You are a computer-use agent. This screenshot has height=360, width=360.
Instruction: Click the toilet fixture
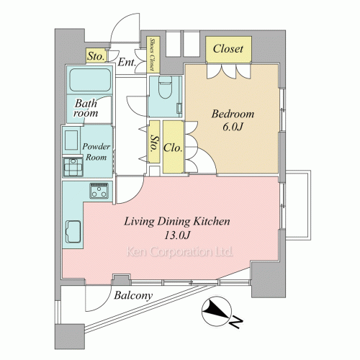point(166,87)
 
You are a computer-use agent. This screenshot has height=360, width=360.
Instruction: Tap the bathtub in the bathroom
point(90,80)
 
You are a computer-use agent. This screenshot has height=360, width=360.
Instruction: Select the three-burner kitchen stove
point(99,191)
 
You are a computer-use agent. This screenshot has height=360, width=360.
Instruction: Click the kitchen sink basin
point(73,232)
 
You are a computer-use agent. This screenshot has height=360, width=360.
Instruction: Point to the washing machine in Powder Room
point(73,167)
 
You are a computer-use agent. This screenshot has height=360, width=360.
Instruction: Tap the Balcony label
point(133,295)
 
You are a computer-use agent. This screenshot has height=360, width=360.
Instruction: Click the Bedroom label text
point(233,114)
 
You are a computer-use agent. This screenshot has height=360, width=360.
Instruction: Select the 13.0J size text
point(177,235)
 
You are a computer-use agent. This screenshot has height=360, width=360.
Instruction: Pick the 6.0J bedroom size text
point(233,127)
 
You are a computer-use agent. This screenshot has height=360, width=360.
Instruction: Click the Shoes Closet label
point(152,55)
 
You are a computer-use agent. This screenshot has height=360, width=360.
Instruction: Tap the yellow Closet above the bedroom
point(228,49)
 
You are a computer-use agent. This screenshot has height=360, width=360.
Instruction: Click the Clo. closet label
point(173,148)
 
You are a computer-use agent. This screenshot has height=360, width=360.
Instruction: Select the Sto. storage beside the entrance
point(96,56)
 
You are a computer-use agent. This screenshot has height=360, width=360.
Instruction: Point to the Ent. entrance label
point(127,63)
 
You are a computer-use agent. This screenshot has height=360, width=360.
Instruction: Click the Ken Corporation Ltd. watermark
point(179,252)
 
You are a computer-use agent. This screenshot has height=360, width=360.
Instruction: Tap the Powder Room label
point(96,152)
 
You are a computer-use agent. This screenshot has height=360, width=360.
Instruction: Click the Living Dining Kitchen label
point(177,222)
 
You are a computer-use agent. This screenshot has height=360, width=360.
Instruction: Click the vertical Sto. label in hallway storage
point(155,143)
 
